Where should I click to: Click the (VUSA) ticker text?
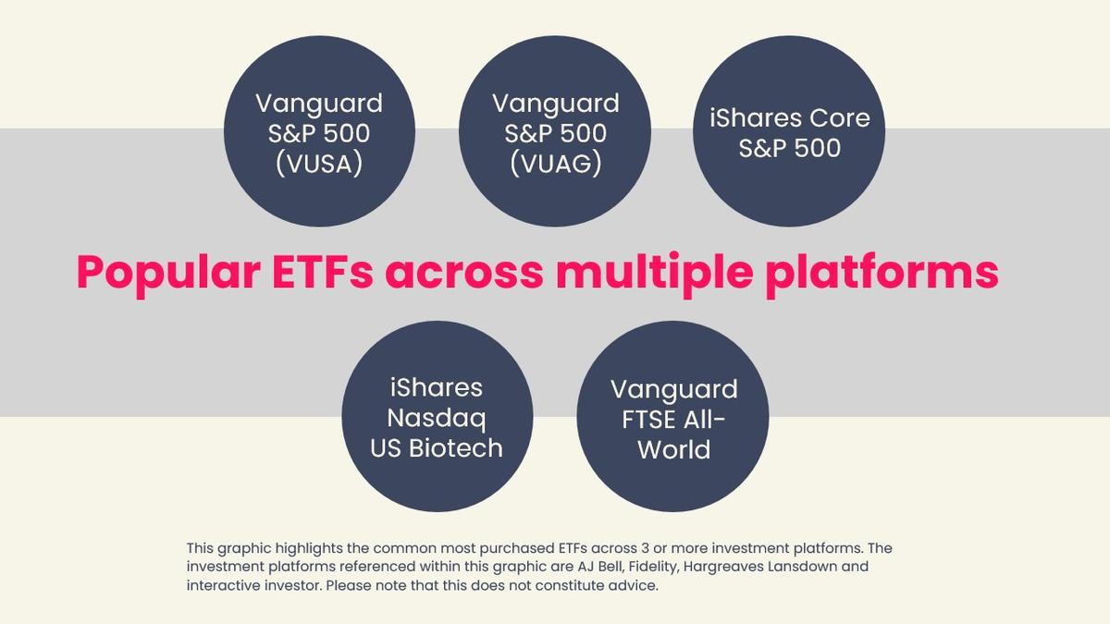pyautogui.click(x=319, y=164)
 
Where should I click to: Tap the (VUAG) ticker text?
pyautogui.click(x=555, y=164)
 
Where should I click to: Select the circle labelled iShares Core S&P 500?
pyautogui.click(x=789, y=131)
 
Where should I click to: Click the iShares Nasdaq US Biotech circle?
pyautogui.click(x=438, y=417)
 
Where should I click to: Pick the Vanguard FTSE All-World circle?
pyautogui.click(x=672, y=418)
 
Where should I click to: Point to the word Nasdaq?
pyautogui.click(x=437, y=418)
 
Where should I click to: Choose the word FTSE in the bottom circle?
pyautogui.click(x=653, y=419)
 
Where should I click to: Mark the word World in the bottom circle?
pyautogui.click(x=672, y=449)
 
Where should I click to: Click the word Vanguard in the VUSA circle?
pyautogui.click(x=319, y=103)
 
